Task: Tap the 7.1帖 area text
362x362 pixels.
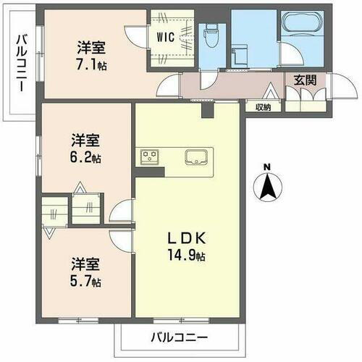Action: [92, 62]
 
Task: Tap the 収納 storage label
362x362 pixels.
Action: [263, 107]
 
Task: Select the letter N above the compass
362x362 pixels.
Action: [267, 168]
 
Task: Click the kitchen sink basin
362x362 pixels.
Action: [197, 157]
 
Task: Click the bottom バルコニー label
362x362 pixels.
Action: [179, 337]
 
